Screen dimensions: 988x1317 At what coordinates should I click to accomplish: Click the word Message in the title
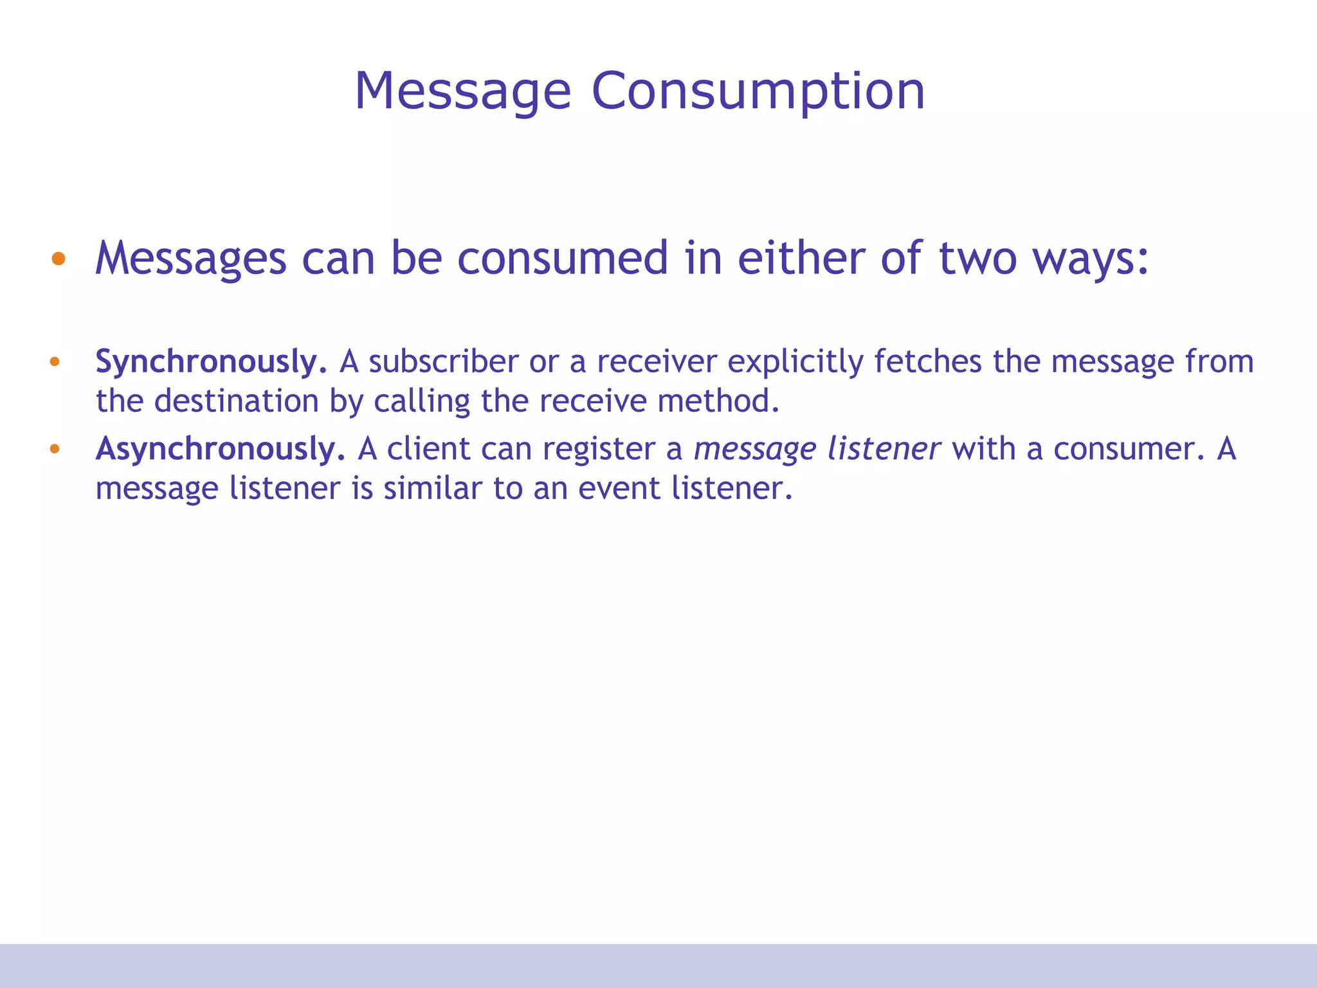point(462,91)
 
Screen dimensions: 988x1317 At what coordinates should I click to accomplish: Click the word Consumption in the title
point(758,91)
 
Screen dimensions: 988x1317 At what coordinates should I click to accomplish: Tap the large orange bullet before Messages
point(59,259)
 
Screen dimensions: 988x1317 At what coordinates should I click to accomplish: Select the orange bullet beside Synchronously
point(55,361)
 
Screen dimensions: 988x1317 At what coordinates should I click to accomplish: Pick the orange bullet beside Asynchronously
point(55,449)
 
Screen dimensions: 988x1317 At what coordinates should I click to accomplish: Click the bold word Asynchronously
point(220,449)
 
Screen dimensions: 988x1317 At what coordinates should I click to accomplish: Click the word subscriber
point(443,361)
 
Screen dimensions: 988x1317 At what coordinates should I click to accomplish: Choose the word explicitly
point(795,361)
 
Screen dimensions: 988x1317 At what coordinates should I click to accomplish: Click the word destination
point(236,401)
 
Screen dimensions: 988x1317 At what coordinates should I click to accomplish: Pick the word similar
point(432,489)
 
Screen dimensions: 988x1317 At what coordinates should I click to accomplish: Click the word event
point(619,489)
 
